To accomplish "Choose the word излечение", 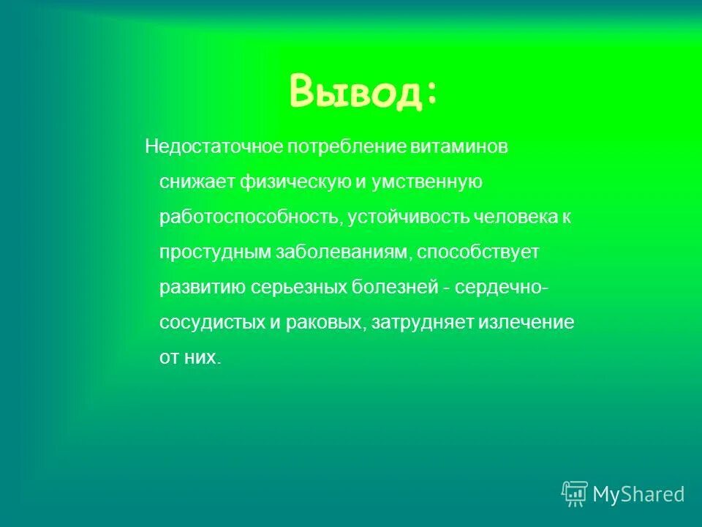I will click(526, 322).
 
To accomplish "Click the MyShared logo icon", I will click(575, 494).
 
